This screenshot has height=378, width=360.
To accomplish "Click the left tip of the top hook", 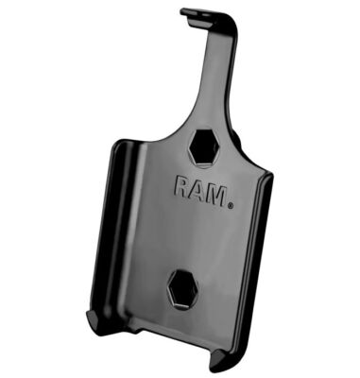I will click(x=182, y=13).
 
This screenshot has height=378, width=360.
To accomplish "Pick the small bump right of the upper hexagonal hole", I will click(x=230, y=150).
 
